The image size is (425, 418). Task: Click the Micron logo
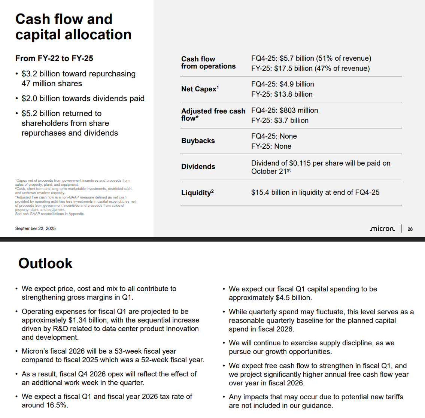(x=382, y=228)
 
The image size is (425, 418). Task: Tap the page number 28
(x=410, y=229)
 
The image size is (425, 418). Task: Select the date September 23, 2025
(x=35, y=228)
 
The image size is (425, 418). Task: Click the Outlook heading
(x=45, y=263)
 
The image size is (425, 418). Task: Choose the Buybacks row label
(x=198, y=141)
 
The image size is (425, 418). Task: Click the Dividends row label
(x=198, y=167)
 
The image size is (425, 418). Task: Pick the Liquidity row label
(x=197, y=193)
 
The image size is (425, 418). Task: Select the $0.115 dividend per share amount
(x=300, y=163)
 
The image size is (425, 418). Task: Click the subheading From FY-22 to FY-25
(x=54, y=58)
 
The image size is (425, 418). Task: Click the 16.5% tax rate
(x=56, y=405)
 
